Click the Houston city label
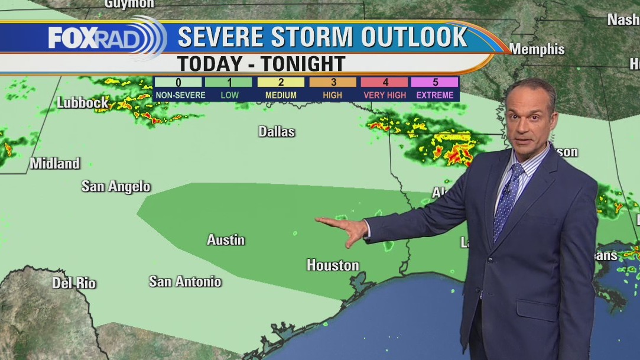click(333, 265)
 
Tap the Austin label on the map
click(226, 239)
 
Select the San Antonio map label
click(185, 281)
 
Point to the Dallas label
click(277, 131)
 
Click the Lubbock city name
click(83, 102)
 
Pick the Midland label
click(55, 163)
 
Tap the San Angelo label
click(116, 187)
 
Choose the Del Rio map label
click(74, 283)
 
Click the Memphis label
click(537, 50)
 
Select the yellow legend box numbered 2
click(281, 82)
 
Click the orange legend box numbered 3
click(333, 82)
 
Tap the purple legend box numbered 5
click(435, 82)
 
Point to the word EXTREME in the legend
click(435, 95)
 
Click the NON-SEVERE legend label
click(180, 95)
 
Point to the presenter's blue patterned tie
click(508, 198)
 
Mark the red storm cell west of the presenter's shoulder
click(457, 156)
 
